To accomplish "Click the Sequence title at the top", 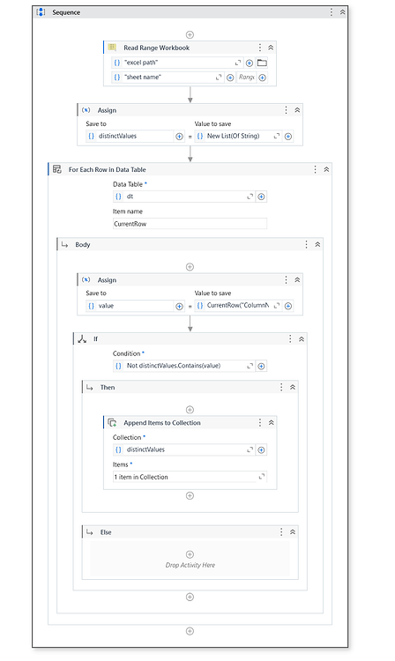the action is point(66,12).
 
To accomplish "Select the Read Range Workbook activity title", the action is point(156,48).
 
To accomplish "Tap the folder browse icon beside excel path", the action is point(262,63).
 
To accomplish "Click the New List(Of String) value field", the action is point(233,137).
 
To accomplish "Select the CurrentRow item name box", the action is point(189,224).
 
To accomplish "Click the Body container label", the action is point(82,244).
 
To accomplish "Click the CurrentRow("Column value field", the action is point(236,306).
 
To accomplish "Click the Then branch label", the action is point(108,387).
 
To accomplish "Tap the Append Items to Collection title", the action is point(161,423).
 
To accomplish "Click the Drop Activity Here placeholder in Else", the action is point(190,565).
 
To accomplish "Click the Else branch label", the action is point(106,532).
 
